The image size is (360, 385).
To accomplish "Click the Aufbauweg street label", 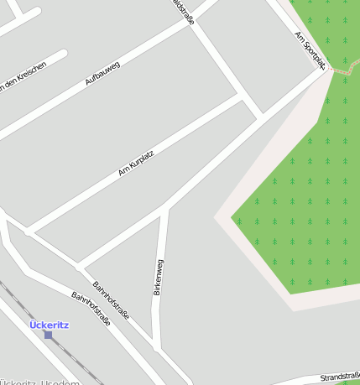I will (102, 74).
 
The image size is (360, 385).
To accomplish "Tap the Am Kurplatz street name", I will (136, 164).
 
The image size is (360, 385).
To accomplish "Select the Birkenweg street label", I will (159, 277).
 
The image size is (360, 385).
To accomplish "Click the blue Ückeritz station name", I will (49, 325).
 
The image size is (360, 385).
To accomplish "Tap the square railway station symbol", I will (48, 335).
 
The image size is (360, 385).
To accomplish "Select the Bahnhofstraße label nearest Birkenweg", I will (111, 300).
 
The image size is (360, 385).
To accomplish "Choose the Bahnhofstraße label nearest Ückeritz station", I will (91, 309).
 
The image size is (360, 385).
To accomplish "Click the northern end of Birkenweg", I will (165, 210).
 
